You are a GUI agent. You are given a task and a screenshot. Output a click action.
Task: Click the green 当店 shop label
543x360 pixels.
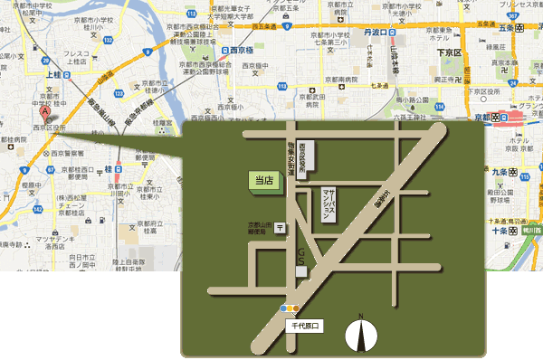click(264, 180)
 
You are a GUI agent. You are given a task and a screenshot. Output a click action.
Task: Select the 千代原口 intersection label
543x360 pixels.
click(305, 324)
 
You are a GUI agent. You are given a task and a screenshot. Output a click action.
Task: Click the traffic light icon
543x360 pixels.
click(290, 309)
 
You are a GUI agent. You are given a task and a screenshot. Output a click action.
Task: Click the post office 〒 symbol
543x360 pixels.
click(280, 227)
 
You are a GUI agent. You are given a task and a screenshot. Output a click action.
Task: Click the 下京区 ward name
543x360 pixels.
click(447, 53)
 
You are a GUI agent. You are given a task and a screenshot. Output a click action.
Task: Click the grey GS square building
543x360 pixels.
click(301, 271)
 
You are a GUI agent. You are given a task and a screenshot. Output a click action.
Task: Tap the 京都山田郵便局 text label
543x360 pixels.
click(261, 228)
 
